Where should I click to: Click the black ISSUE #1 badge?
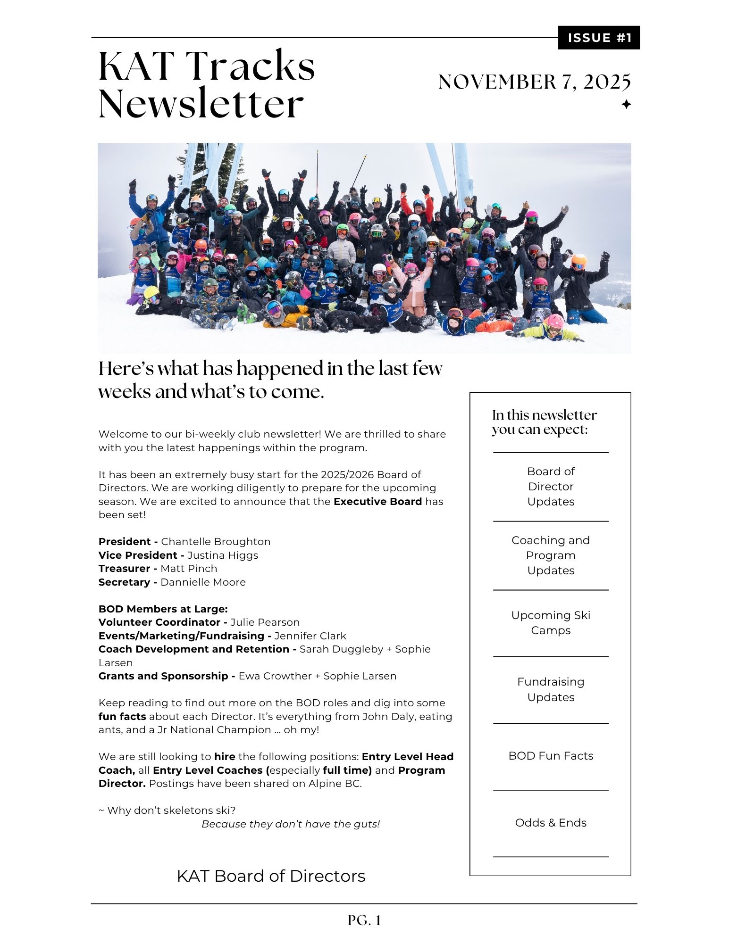tap(598, 38)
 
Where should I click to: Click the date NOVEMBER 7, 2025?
tap(534, 82)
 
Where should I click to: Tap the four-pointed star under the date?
tap(626, 104)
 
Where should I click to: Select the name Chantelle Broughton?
tap(216, 541)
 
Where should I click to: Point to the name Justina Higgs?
tap(223, 555)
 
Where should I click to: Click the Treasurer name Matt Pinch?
tap(189, 568)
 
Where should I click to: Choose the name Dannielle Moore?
tap(203, 582)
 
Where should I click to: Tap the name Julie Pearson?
tap(265, 622)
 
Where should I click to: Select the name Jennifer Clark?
tap(310, 636)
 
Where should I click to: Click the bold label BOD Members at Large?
tap(163, 609)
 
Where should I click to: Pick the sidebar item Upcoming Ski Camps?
tap(551, 622)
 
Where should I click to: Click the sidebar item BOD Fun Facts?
tap(551, 755)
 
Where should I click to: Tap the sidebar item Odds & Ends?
tap(551, 822)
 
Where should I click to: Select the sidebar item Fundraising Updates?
tap(551, 689)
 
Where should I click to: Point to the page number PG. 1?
tap(364, 920)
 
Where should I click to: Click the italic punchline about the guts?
tap(291, 824)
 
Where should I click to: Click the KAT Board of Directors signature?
tap(271, 876)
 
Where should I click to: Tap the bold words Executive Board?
tap(377, 501)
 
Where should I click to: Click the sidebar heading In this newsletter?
tap(544, 415)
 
